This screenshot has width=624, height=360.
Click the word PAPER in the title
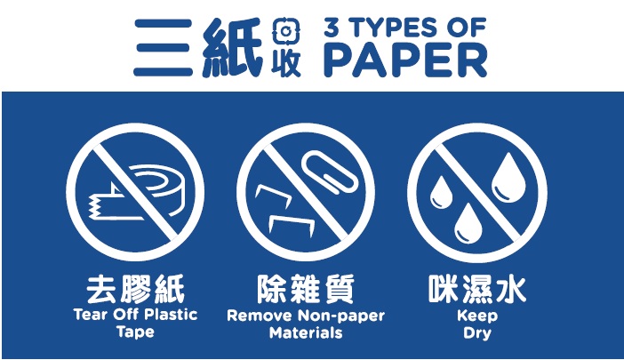coord(404,60)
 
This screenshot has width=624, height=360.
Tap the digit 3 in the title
coord(333,28)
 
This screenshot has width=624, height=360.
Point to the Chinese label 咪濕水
coord(476,290)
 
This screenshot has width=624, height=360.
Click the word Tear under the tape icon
coord(89,315)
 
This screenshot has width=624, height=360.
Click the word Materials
coord(306,333)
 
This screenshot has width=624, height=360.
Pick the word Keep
coord(476,315)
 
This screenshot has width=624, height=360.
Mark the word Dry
coord(476,333)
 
